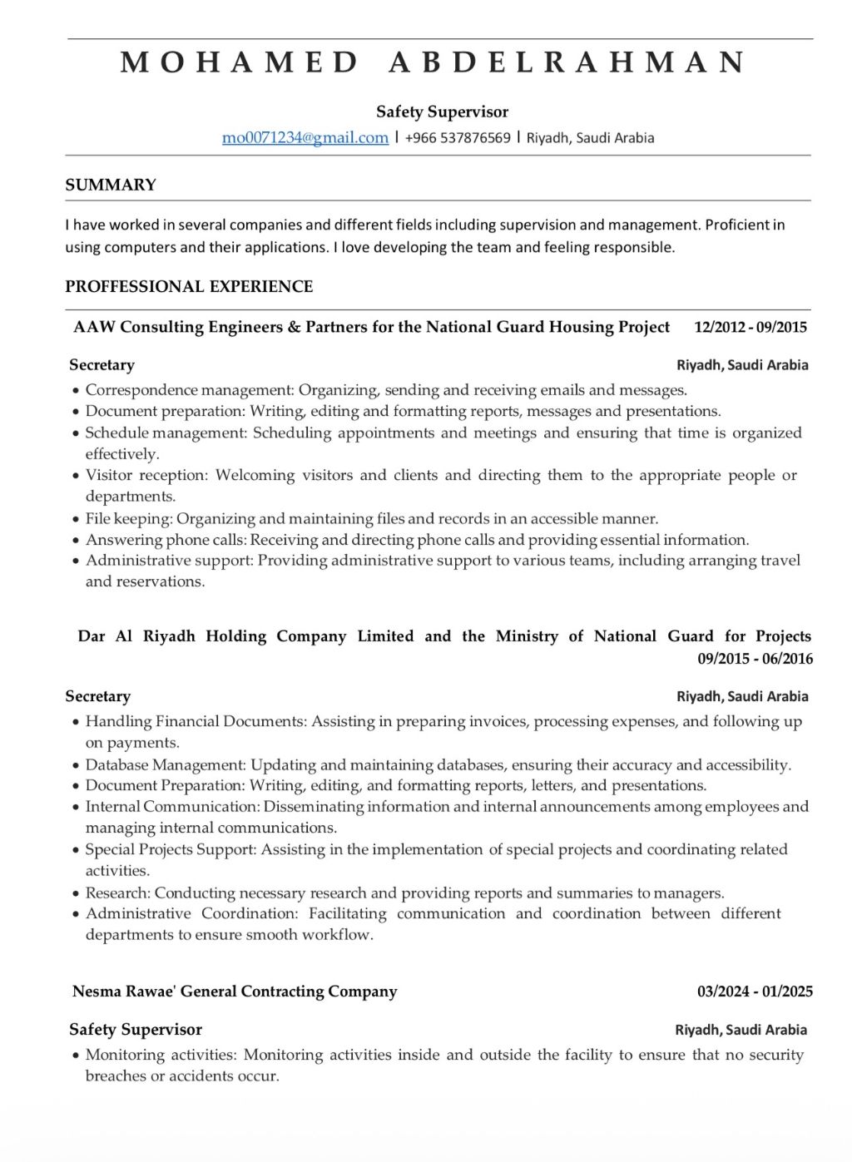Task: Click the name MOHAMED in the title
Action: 240,62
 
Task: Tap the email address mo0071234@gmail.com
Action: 305,138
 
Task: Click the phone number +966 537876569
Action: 458,138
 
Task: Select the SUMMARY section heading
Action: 111,185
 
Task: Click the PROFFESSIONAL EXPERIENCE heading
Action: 189,286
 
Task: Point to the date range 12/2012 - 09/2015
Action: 750,327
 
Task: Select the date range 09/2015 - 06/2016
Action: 755,659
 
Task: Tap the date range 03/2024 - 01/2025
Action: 755,991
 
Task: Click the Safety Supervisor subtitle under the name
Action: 442,111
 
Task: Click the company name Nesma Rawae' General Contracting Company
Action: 235,991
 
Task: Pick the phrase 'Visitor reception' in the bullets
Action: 146,475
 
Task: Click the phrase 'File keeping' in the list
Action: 128,518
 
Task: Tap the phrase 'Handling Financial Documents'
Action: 196,721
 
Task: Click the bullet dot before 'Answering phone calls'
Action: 76,541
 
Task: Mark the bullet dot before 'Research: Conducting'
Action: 76,893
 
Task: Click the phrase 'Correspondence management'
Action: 189,389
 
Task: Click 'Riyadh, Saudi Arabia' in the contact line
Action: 590,138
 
